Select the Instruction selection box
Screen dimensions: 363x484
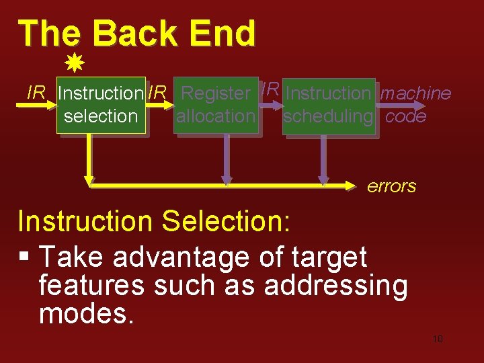pyautogui.click(x=101, y=105)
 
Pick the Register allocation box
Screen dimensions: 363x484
pyautogui.click(x=216, y=105)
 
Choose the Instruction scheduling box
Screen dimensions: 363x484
pyautogui.click(x=328, y=105)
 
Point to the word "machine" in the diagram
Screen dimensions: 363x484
pyautogui.click(x=415, y=93)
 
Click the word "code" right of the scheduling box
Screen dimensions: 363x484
pyautogui.click(x=406, y=116)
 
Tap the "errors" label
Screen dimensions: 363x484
pyautogui.click(x=391, y=186)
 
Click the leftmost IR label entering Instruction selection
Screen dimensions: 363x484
pyautogui.click(x=36, y=93)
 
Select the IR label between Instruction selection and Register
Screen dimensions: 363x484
pyautogui.click(x=157, y=93)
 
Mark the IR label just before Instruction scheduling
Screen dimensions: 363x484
pyautogui.click(x=270, y=89)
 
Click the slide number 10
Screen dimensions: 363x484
pyautogui.click(x=438, y=339)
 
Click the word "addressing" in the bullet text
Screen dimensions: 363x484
pyautogui.click(x=335, y=286)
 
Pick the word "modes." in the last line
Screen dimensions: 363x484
pyautogui.click(x=87, y=313)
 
